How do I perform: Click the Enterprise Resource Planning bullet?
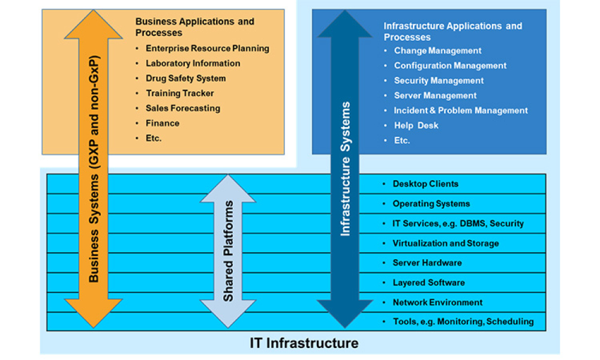tap(207, 49)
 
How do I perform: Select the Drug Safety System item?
tap(185, 79)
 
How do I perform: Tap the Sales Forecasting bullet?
tap(182, 109)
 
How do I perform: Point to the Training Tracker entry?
tap(179, 94)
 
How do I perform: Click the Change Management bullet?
tap(437, 51)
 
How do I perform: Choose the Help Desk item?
tap(416, 125)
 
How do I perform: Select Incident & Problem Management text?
tap(460, 110)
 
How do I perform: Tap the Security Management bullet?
tap(439, 80)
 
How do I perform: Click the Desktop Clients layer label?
tap(425, 184)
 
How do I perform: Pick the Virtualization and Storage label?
tap(445, 244)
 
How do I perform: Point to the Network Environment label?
tap(437, 302)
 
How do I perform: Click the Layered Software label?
tap(428, 283)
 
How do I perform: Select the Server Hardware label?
tap(427, 263)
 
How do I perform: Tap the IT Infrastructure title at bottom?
tap(304, 343)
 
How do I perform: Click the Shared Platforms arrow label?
tap(228, 251)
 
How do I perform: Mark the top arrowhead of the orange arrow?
tap(94, 24)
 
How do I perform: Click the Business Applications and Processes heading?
tap(194, 27)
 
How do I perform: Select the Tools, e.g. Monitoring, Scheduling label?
tap(463, 322)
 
